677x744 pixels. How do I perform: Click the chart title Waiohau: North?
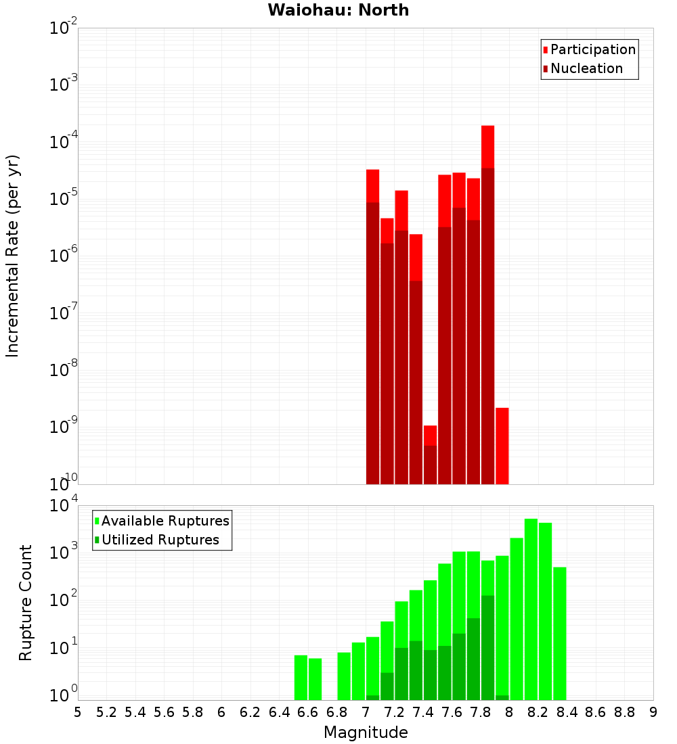(x=338, y=10)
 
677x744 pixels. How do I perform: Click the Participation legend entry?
(x=592, y=49)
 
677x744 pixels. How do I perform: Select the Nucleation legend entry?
(x=586, y=68)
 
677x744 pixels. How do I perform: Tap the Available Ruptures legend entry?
(x=165, y=521)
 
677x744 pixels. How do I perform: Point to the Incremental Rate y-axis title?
(x=12, y=256)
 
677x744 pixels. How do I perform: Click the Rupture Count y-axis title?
(x=26, y=602)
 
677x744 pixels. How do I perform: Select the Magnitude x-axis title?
(x=366, y=732)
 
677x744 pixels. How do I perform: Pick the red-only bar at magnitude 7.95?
(x=502, y=446)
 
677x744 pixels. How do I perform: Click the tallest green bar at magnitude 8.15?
(x=531, y=609)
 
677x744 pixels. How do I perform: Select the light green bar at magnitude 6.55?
(x=301, y=677)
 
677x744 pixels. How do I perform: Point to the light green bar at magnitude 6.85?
(x=344, y=676)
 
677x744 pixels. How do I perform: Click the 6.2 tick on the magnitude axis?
(x=250, y=712)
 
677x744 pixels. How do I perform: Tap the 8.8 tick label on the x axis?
(x=624, y=712)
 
